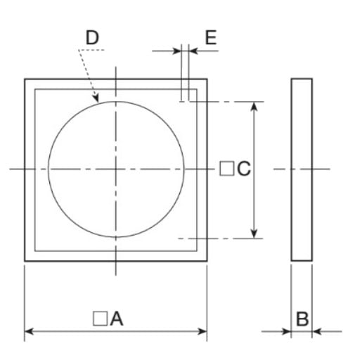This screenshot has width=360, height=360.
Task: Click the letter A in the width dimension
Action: coord(117,319)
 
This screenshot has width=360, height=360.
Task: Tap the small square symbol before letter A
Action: coord(100,319)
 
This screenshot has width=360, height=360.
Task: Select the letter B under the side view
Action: coord(302,319)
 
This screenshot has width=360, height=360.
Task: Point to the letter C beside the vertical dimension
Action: coord(243,169)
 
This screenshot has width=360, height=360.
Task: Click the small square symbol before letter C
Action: coord(226,169)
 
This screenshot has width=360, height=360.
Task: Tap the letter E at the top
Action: coord(210,37)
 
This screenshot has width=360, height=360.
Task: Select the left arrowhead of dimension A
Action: coord(29,330)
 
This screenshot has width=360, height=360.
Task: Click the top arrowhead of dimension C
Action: coord(254,105)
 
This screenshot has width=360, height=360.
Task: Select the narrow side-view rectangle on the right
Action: coord(302,169)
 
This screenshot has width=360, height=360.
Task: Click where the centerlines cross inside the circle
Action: coord(116,169)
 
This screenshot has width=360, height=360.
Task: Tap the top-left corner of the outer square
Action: coord(25,79)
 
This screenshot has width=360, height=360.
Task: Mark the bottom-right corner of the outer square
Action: coord(207,262)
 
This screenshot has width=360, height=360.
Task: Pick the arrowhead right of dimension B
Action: coord(316,330)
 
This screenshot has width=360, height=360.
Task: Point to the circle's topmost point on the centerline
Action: coord(116,101)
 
